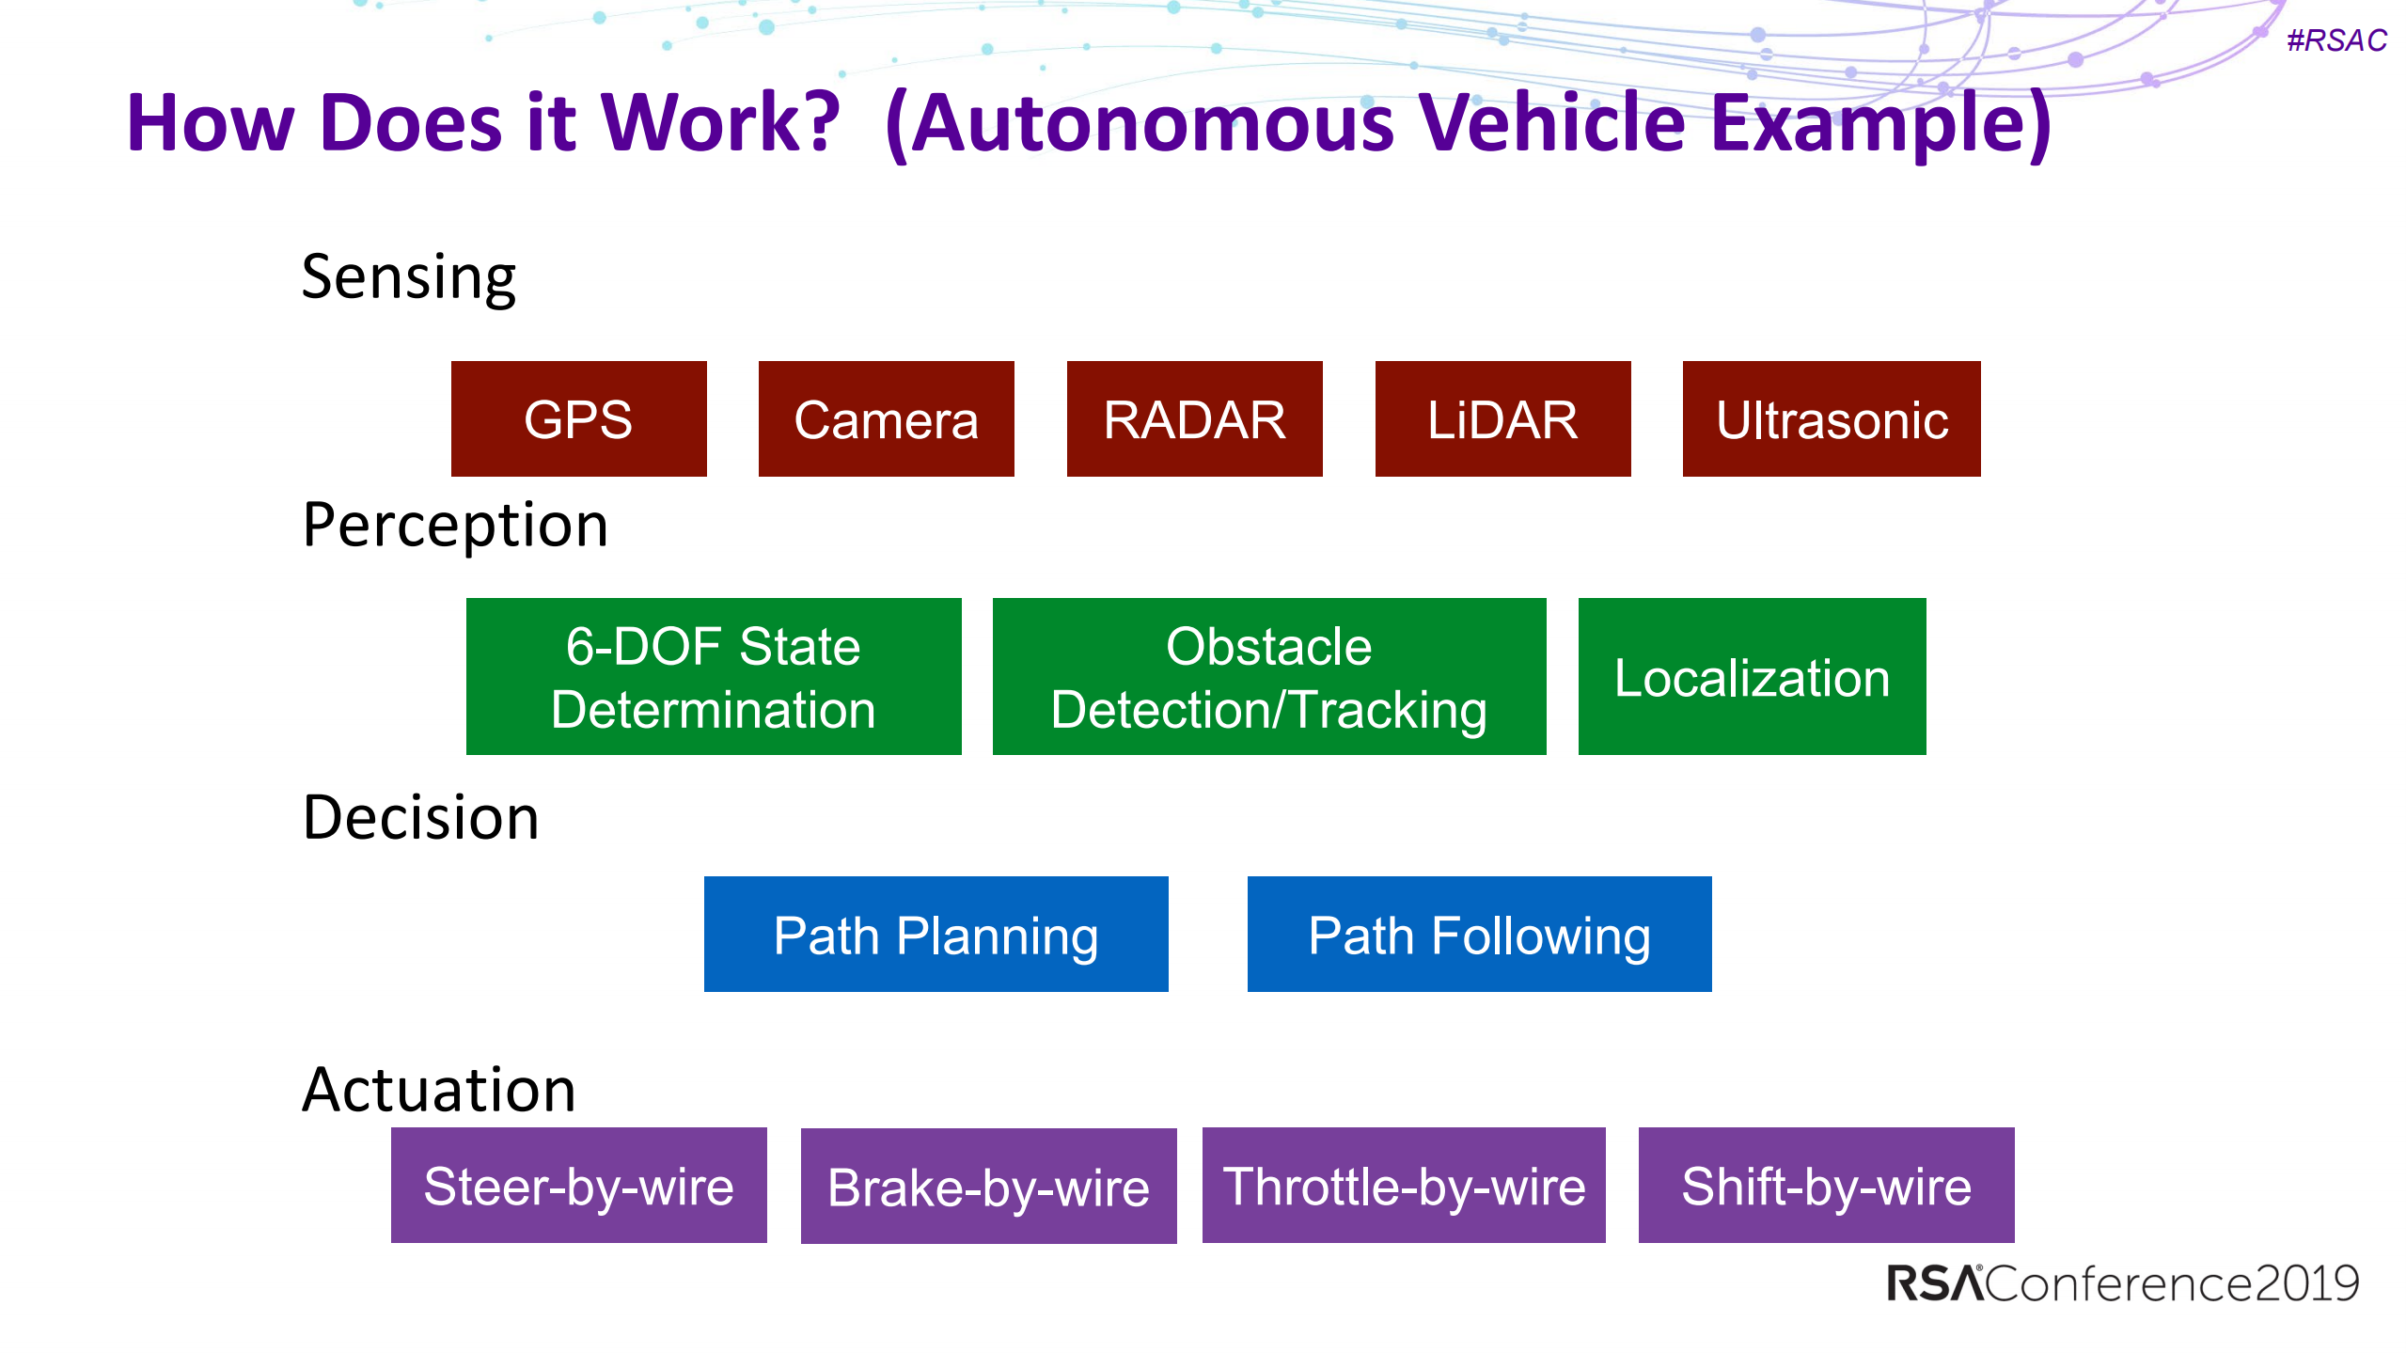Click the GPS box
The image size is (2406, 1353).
(578, 419)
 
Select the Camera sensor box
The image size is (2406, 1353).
(886, 419)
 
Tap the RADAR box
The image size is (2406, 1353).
(1194, 419)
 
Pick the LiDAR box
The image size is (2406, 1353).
(1502, 419)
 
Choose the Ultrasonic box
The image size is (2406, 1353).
(1831, 419)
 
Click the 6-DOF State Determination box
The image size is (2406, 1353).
(713, 677)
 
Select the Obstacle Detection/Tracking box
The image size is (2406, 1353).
(1268, 677)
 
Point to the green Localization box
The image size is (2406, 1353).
(1751, 677)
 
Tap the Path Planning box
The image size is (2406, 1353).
(936, 935)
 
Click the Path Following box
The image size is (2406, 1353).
(1478, 935)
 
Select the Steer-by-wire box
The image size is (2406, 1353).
(578, 1186)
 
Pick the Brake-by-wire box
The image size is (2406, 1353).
(988, 1187)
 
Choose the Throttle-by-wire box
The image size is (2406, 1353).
(1403, 1186)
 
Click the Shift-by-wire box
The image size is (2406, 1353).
(1825, 1186)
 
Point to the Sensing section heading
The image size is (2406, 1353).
(408, 278)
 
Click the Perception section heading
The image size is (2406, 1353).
(455, 525)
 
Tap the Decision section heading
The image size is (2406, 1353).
(420, 817)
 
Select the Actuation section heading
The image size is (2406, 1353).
(438, 1090)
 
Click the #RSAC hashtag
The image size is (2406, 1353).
(2335, 40)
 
